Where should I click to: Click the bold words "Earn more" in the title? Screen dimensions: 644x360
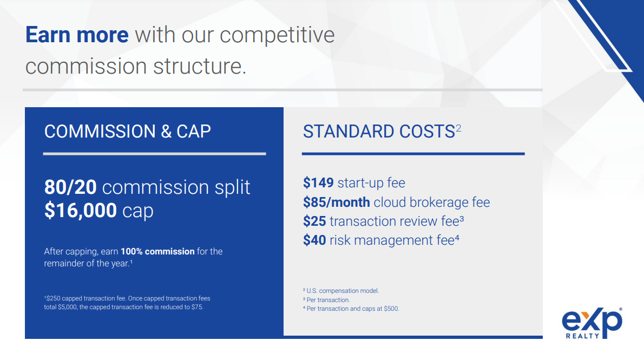coord(77,35)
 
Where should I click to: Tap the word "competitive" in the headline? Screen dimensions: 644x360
coord(277,35)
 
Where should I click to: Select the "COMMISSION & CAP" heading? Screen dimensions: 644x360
coord(128,132)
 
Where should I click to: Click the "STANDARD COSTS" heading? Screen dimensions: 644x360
coord(379,132)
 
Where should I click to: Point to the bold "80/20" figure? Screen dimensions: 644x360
coord(71,187)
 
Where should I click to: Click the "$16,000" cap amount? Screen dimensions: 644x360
coord(81,211)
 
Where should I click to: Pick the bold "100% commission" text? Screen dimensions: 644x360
coord(157,252)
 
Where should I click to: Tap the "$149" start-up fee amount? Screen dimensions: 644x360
coord(318,182)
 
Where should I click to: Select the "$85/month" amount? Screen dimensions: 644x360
coord(337,202)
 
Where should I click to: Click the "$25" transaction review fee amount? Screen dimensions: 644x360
coord(314,221)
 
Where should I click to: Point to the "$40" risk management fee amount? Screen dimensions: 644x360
coord(314,240)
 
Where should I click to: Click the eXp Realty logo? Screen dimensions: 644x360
coord(592,323)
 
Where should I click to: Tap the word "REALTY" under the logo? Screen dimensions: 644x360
coord(582,336)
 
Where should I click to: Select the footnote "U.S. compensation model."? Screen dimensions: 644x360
coord(343,291)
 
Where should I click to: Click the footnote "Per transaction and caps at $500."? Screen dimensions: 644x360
coord(353,309)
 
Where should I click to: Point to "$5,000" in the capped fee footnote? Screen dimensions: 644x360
coord(67,307)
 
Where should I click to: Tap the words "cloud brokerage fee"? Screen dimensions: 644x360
coord(432,202)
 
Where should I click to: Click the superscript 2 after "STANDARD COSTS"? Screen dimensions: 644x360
coord(458,128)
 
